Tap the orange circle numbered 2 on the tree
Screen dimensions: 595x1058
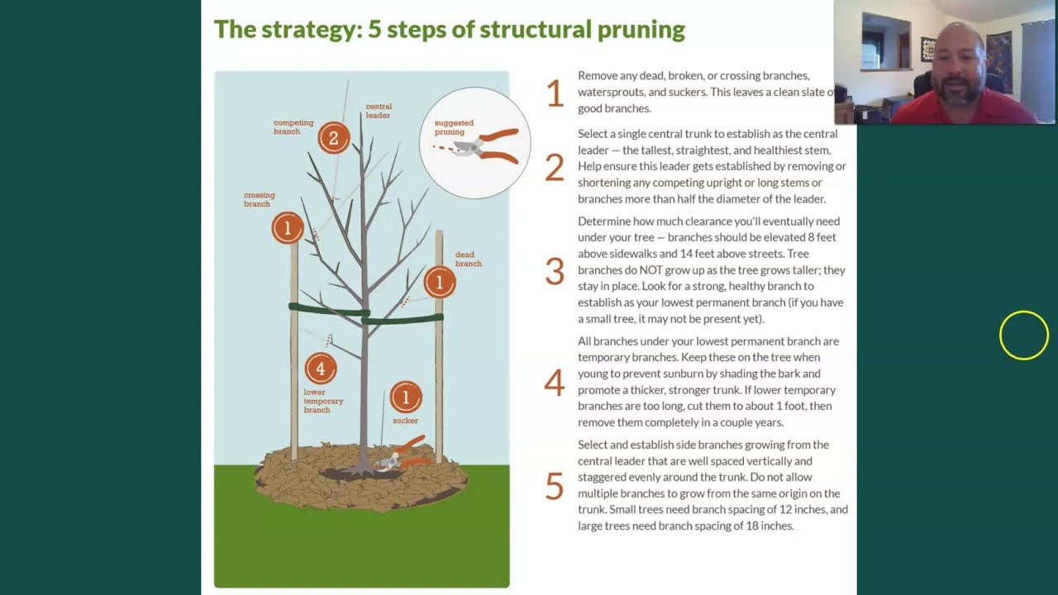(333, 138)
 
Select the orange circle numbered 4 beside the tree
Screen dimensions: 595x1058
(321, 369)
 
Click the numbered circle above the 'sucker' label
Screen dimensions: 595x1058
(405, 397)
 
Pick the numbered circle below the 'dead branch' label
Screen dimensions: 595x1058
(439, 283)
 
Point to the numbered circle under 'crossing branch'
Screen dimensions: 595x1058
(288, 228)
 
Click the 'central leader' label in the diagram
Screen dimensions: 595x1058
(379, 111)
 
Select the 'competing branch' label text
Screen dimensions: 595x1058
(293, 127)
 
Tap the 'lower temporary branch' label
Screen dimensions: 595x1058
(322, 401)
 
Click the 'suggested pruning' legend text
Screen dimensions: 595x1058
(454, 127)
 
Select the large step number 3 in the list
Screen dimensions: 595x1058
(555, 271)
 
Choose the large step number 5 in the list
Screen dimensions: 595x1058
(555, 486)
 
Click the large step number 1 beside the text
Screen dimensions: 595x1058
(555, 93)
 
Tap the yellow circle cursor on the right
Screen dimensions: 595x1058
(1023, 336)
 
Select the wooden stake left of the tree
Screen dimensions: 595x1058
(293, 355)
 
